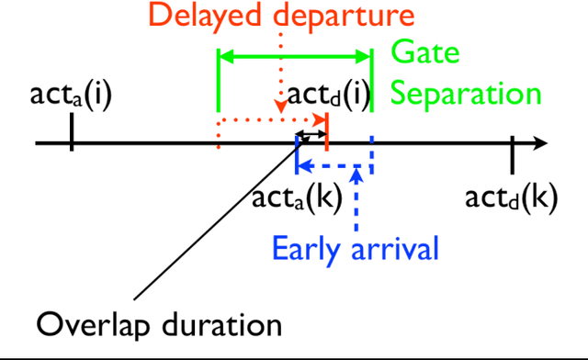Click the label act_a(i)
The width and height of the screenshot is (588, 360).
(x=71, y=95)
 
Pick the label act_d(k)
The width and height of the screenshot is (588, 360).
(x=511, y=198)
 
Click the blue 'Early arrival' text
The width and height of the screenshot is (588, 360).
(x=355, y=247)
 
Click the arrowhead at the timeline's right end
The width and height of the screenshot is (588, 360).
(x=540, y=143)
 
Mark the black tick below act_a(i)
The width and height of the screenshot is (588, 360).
(x=71, y=136)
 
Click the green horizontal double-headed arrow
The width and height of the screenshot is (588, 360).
(x=294, y=58)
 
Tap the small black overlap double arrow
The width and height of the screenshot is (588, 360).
(x=312, y=136)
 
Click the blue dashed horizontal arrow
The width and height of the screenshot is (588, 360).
(x=334, y=167)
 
